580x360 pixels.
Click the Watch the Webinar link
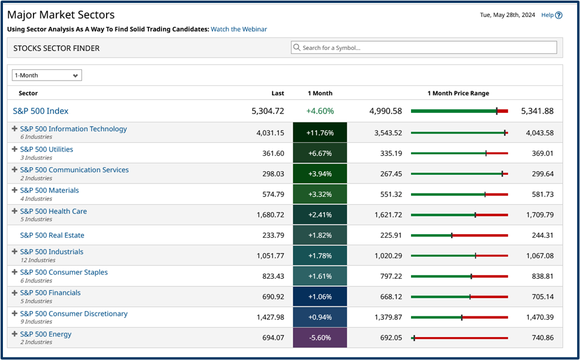point(238,29)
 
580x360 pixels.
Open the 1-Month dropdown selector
point(47,75)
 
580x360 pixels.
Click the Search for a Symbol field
point(424,48)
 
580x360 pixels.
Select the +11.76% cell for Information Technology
point(320,133)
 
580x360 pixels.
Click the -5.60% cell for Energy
point(320,338)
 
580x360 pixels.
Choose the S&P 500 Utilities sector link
point(47,149)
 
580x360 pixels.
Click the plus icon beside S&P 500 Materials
point(15,190)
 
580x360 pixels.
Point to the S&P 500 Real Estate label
point(52,235)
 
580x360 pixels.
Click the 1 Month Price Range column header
point(458,93)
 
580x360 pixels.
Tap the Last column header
point(277,93)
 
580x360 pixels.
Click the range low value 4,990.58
point(386,111)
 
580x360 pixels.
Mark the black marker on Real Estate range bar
point(452,235)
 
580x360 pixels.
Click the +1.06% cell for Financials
point(320,296)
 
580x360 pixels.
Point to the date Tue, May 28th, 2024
point(508,15)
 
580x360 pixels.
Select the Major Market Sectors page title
point(61,15)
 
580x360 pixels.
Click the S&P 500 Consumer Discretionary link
point(74,314)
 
